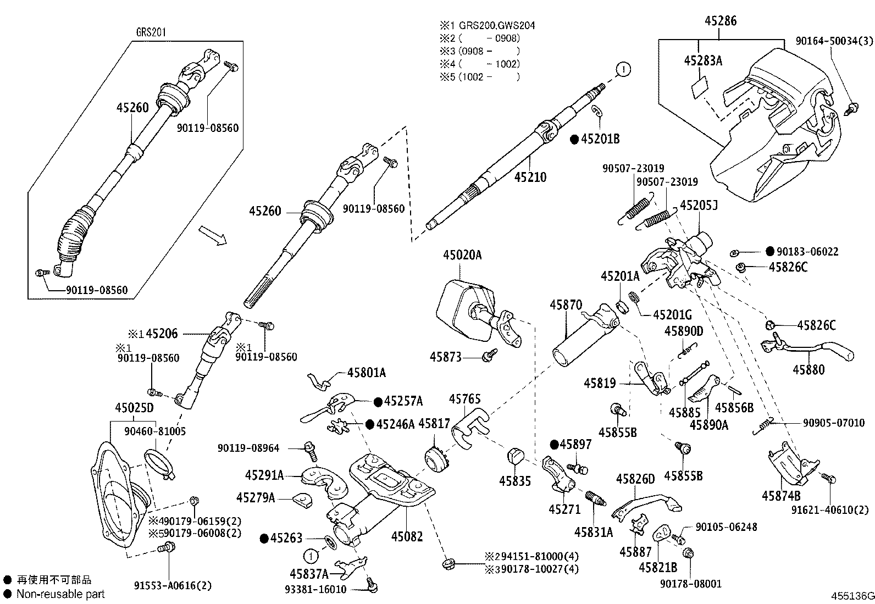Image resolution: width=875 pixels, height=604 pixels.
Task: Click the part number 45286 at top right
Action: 721,21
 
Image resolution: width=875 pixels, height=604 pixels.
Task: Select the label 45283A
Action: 703,61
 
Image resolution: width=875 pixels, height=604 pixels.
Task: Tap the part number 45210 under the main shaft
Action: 530,176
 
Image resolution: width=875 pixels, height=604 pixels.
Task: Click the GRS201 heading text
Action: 151,32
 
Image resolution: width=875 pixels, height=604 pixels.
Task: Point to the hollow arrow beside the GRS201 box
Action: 212,235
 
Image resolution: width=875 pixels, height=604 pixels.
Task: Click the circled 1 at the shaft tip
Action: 623,69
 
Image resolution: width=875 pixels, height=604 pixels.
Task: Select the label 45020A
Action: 462,255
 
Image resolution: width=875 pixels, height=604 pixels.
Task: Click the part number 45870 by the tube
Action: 566,304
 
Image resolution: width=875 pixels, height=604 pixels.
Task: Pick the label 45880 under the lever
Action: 808,369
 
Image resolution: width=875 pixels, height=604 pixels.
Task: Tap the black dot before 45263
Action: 264,538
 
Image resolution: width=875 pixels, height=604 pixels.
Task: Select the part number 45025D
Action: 134,408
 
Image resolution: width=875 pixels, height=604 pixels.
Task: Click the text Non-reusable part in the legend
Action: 60,594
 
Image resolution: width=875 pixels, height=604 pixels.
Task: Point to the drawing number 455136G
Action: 851,596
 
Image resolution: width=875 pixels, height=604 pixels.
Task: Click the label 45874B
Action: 781,496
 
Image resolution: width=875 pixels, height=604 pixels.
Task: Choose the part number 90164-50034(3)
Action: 834,41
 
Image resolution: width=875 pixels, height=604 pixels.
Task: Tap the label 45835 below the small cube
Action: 515,481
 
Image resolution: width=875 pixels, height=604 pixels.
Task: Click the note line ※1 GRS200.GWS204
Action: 487,25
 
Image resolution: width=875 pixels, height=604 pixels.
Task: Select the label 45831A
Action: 593,531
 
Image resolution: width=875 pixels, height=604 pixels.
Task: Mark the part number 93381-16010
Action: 315,589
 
